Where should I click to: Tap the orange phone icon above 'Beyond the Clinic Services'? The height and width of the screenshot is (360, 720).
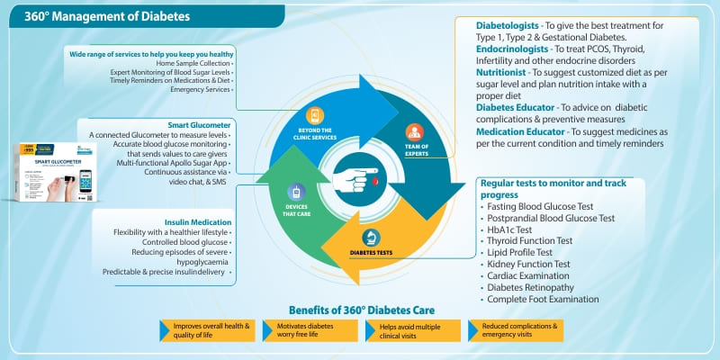click(315, 116)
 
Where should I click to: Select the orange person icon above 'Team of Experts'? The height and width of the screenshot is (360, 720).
click(414, 131)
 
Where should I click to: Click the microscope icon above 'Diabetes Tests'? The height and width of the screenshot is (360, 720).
click(370, 238)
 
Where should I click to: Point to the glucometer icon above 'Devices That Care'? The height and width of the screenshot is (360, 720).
click(299, 192)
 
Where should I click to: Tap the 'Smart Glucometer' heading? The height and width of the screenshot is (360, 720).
click(200, 124)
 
